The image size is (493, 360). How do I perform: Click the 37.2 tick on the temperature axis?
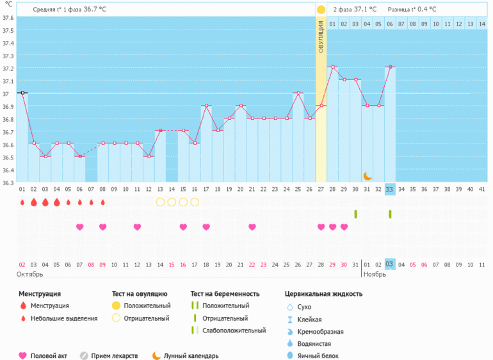pyautogui.click(x=8, y=68)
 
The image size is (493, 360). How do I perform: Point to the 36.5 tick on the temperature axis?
pyautogui.click(x=8, y=157)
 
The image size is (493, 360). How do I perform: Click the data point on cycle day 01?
pyautogui.click(x=22, y=93)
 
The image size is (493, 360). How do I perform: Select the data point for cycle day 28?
pyautogui.click(x=321, y=106)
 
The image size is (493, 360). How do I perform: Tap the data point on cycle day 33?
pyautogui.click(x=390, y=67)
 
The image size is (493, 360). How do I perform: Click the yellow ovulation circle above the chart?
pyautogui.click(x=321, y=10)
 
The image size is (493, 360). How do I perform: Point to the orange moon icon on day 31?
pyautogui.click(x=368, y=176)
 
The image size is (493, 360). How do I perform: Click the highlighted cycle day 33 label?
pyautogui.click(x=390, y=189)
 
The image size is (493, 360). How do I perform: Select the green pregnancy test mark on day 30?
pyautogui.click(x=355, y=213)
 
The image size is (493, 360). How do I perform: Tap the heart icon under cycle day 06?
pyautogui.click(x=80, y=227)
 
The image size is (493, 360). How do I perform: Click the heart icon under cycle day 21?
pyautogui.click(x=252, y=227)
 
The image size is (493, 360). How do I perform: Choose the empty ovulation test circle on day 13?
pyautogui.click(x=160, y=202)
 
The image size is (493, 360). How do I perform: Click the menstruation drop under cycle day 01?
pyautogui.click(x=22, y=202)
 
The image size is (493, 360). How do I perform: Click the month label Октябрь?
pyautogui.click(x=29, y=274)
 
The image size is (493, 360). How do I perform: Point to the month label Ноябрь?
pyautogui.click(x=375, y=274)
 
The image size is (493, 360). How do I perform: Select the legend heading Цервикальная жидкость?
pyautogui.click(x=323, y=294)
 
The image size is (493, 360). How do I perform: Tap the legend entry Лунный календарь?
pyautogui.click(x=191, y=356)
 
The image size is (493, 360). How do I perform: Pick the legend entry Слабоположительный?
pyautogui.click(x=234, y=331)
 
